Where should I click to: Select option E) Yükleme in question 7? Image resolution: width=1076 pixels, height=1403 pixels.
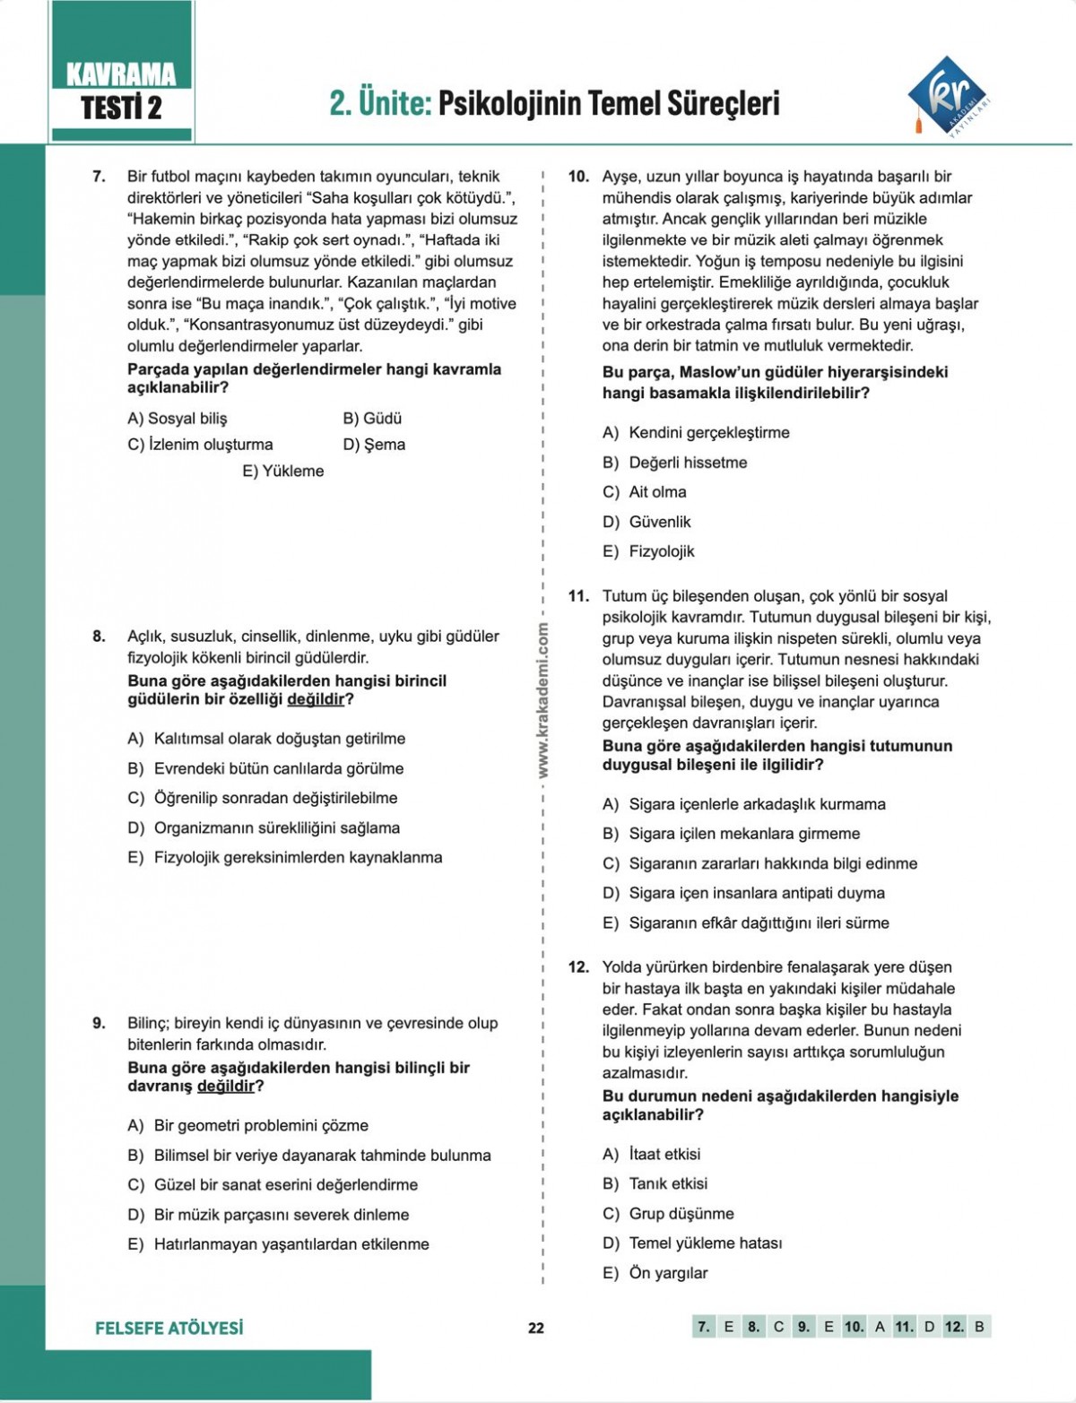coord(282,471)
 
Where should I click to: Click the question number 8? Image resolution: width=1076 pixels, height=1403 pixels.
coord(99,637)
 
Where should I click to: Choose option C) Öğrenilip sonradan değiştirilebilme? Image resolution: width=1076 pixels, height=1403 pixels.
coord(262,798)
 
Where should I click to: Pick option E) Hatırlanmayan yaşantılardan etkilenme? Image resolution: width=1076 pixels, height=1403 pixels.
coord(278,1244)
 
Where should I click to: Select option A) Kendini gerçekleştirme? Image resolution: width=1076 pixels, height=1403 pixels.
coord(696,432)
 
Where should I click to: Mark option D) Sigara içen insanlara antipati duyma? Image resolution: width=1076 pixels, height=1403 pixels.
coord(743,893)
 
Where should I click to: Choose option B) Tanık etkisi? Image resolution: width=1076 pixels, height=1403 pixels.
coord(655,1183)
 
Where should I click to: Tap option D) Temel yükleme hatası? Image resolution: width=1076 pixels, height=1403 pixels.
coord(691,1243)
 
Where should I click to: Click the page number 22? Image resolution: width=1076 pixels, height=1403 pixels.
coord(536,1328)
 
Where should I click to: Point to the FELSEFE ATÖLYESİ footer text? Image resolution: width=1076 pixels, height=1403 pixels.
coord(169,1328)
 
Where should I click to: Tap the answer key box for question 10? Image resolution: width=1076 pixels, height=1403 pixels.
coord(855,1327)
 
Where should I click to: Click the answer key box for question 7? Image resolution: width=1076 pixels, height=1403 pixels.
coord(704,1327)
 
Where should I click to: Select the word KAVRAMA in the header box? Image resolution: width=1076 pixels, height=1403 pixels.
coord(121,74)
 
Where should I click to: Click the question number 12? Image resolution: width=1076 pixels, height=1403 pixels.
coord(578,967)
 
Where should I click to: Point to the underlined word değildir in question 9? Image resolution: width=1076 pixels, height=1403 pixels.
coord(226,1087)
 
